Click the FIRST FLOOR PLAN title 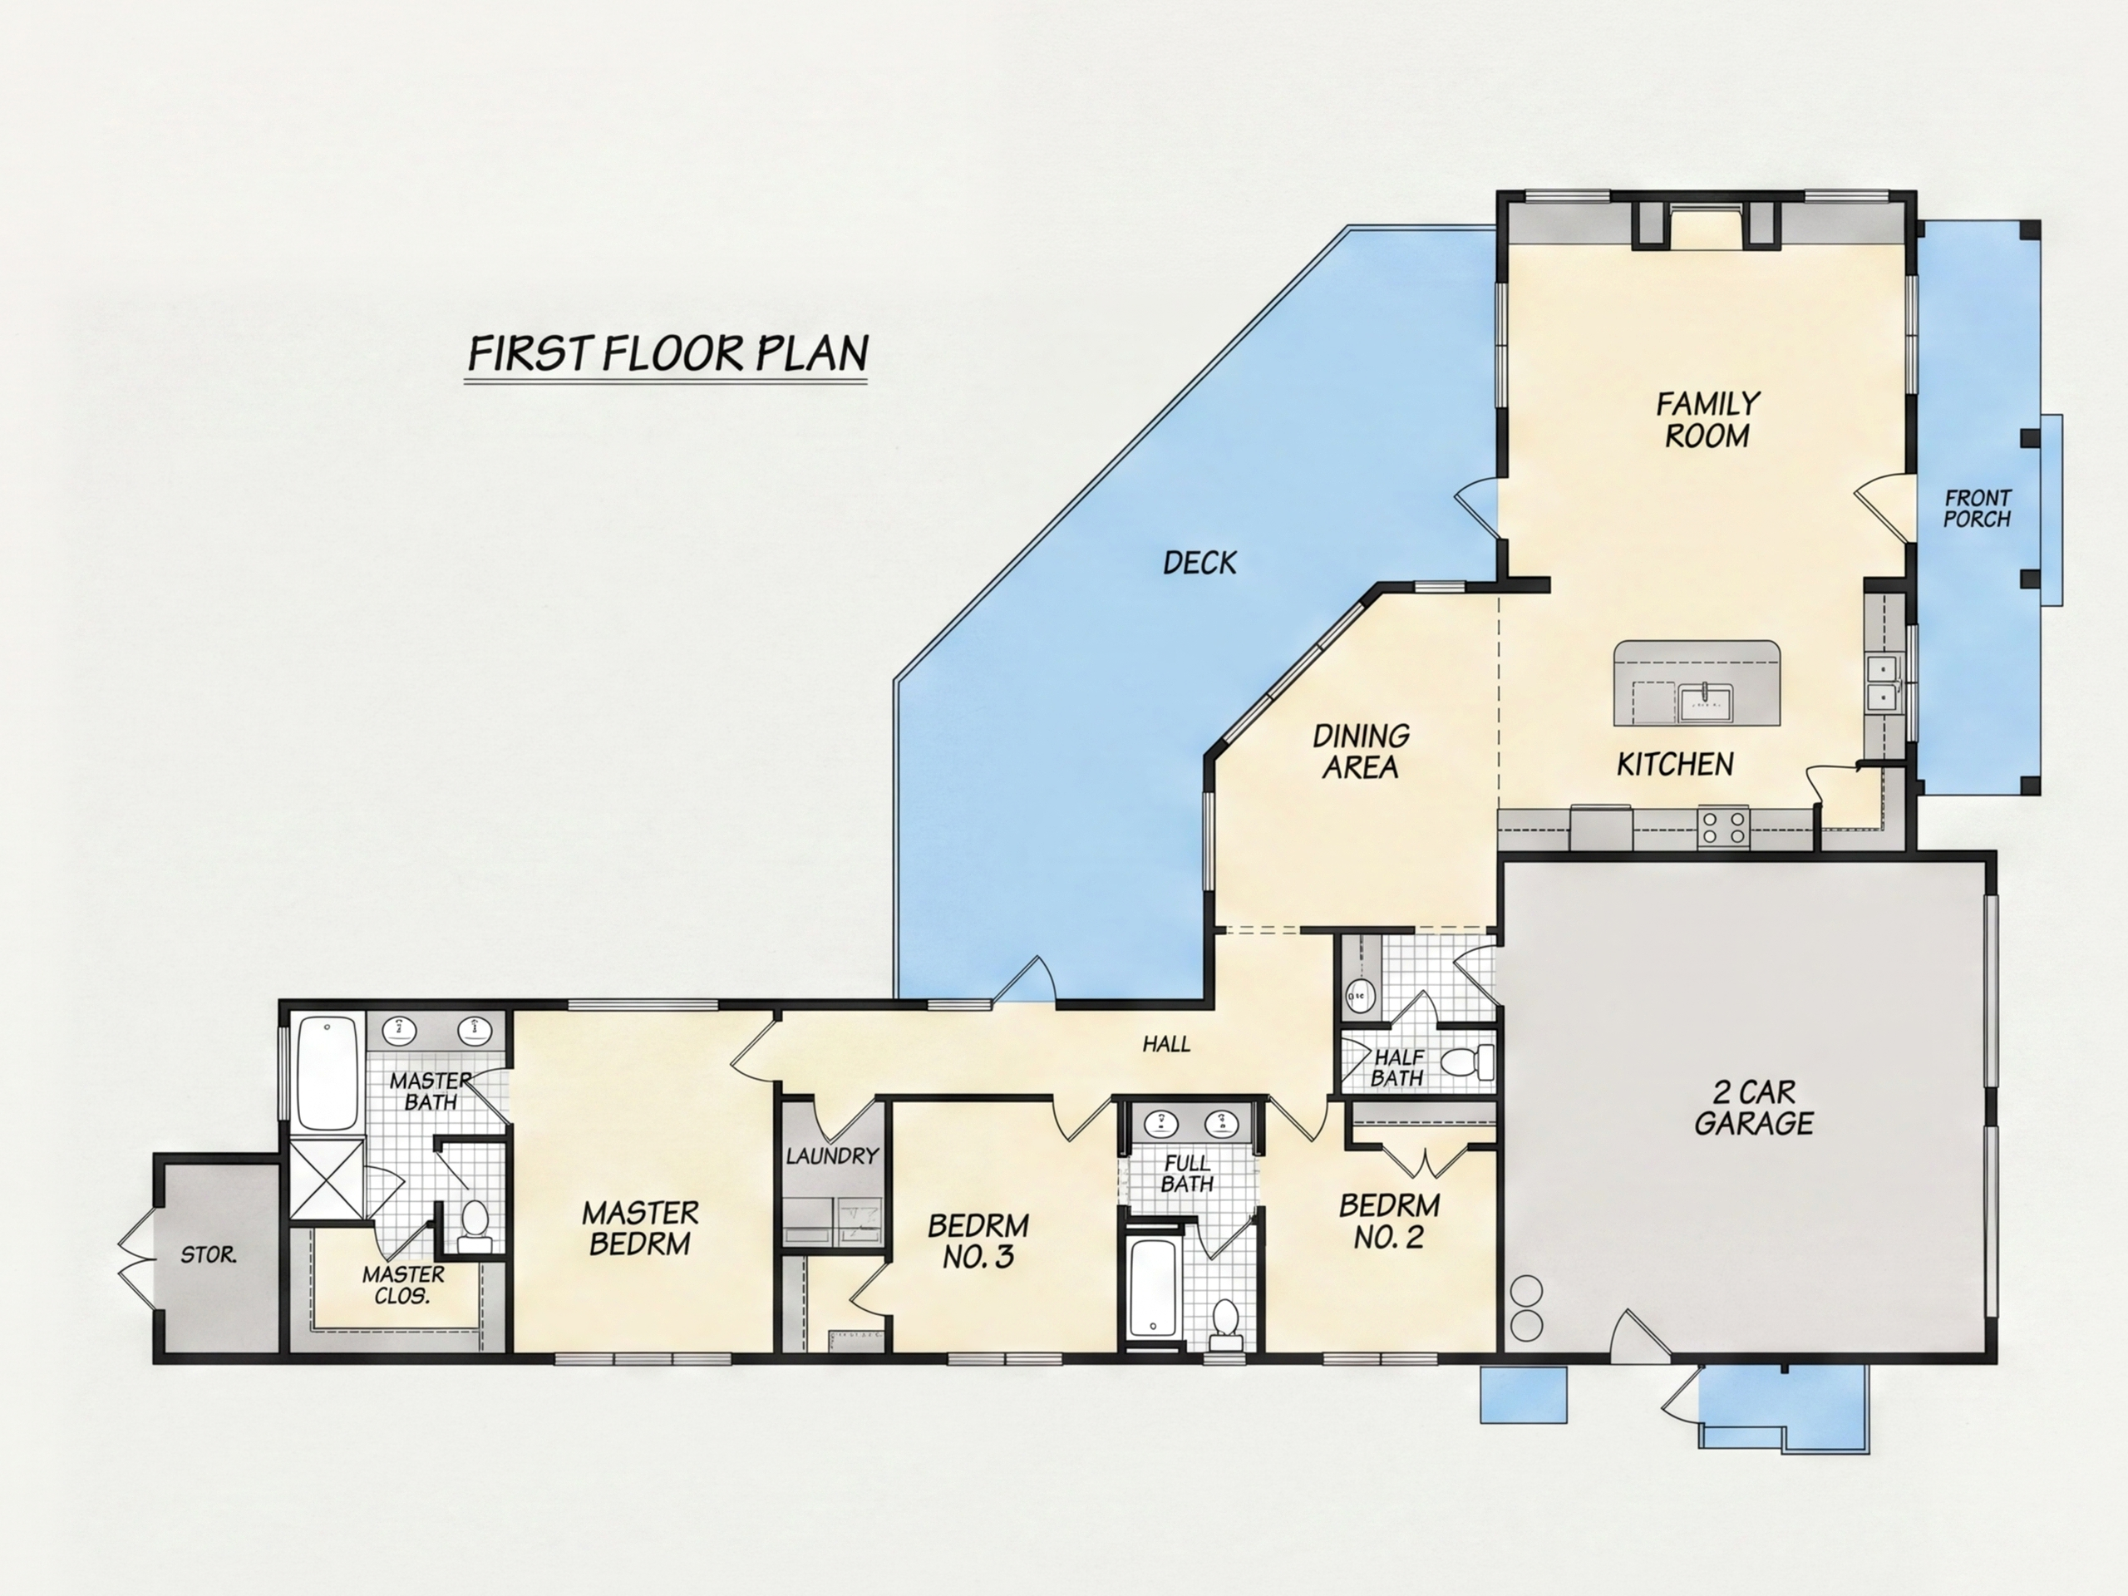(x=667, y=354)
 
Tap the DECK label (x=1199, y=563)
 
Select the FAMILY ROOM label (x=1707, y=420)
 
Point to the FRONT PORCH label (x=1978, y=509)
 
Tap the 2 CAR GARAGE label (x=1754, y=1107)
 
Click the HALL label (x=1166, y=1044)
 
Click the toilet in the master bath (x=475, y=1227)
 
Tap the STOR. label (x=209, y=1255)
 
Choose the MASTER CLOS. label (x=403, y=1284)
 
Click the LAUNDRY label (x=832, y=1155)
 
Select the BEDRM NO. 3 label (x=978, y=1241)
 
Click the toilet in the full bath (x=1225, y=1319)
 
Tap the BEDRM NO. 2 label (x=1389, y=1221)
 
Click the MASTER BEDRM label (x=640, y=1228)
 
